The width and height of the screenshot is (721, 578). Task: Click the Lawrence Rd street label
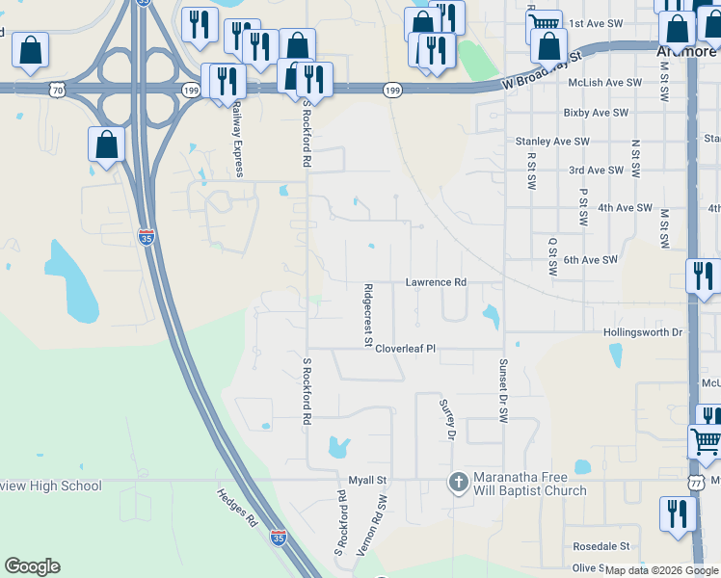(436, 282)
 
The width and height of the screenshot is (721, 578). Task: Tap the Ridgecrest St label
(368, 314)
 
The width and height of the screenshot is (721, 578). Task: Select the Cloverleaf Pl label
(406, 349)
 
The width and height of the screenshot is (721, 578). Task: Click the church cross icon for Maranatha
(459, 481)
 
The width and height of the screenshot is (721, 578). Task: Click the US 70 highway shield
(58, 90)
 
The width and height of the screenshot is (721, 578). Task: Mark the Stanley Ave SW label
(551, 142)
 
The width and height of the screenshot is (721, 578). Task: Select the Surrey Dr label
(446, 421)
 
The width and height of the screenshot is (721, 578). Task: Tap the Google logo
(33, 566)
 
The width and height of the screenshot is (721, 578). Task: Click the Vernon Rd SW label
(371, 526)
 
